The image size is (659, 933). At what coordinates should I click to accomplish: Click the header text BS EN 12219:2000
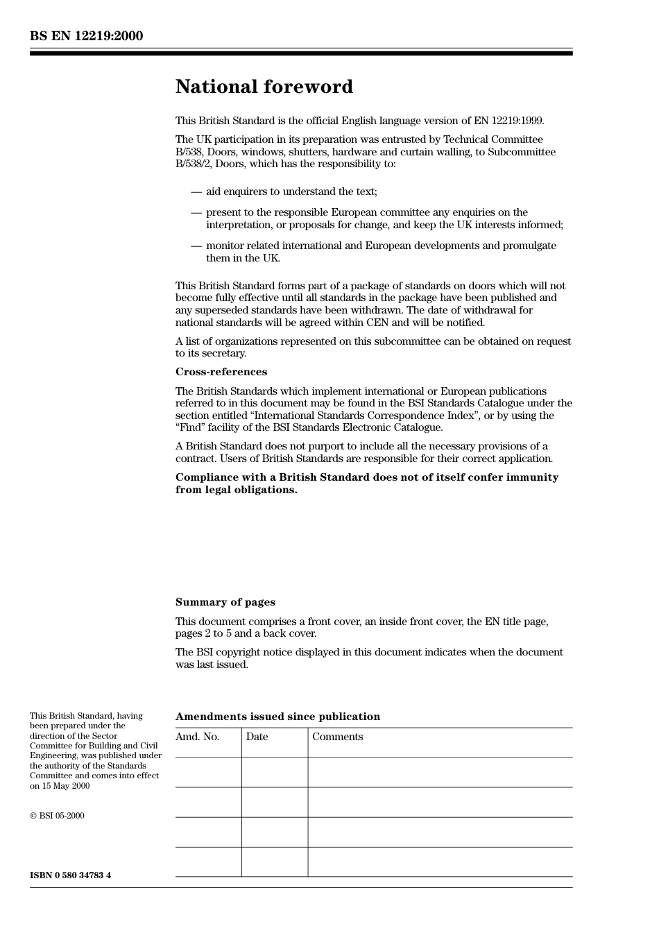86,36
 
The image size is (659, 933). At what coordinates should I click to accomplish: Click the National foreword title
264,87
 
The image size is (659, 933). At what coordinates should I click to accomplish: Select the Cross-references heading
221,372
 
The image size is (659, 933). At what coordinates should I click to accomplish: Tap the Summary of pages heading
225,602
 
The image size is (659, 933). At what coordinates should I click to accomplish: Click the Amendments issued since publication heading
277,717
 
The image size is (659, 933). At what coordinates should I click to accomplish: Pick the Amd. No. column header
197,737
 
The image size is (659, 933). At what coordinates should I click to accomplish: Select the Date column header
257,737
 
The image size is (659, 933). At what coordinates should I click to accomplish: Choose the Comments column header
337,737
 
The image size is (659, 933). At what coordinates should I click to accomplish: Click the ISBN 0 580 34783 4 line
70,875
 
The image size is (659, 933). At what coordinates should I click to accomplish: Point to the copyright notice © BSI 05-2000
57,816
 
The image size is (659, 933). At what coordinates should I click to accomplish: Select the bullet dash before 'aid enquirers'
196,191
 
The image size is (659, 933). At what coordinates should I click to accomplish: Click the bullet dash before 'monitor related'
196,246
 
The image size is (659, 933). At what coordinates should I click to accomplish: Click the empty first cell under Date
275,772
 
